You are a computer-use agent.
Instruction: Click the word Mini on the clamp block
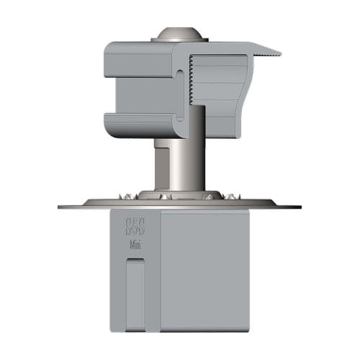click(x=134, y=245)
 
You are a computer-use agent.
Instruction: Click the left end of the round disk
click(x=62, y=207)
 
